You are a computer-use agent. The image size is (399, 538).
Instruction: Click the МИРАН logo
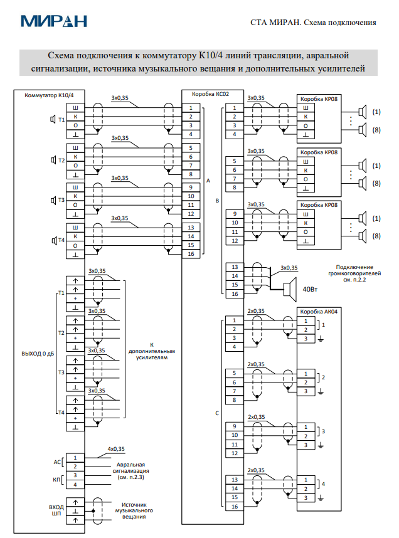pyautogui.click(x=53, y=21)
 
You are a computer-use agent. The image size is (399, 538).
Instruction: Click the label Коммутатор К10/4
pyautogui.click(x=49, y=95)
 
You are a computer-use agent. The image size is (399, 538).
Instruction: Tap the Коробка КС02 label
pyautogui.click(x=210, y=94)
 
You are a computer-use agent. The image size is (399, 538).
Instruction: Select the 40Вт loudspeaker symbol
pyautogui.click(x=290, y=289)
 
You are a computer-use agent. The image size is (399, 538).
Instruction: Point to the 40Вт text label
pyautogui.click(x=310, y=289)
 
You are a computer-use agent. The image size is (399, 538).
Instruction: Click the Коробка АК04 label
pyautogui.click(x=319, y=312)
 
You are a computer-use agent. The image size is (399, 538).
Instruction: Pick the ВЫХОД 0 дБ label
pyautogui.click(x=38, y=354)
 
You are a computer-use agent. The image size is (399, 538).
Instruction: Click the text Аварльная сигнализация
pyautogui.click(x=131, y=468)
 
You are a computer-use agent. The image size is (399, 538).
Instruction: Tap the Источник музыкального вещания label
pyautogui.click(x=134, y=510)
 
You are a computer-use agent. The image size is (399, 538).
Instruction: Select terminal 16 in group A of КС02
pyautogui.click(x=191, y=254)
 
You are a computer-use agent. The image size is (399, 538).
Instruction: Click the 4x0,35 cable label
pyautogui.click(x=116, y=449)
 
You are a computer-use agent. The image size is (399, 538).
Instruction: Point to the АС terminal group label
pyautogui.click(x=57, y=462)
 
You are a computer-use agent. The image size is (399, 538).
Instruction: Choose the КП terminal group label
pyautogui.click(x=56, y=480)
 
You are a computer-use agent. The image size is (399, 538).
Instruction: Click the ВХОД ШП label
pyautogui.click(x=56, y=510)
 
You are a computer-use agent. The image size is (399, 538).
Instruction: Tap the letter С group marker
pyautogui.click(x=217, y=413)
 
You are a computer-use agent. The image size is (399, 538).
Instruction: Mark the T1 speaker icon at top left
pyautogui.click(x=53, y=119)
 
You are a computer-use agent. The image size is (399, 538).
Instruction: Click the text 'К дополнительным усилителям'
pyautogui.click(x=152, y=351)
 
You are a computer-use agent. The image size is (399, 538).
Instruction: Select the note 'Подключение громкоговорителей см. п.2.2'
pyautogui.click(x=354, y=273)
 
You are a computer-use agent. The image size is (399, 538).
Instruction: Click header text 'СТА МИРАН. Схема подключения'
pyautogui.click(x=313, y=23)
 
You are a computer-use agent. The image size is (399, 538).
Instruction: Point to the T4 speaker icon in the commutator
pyautogui.click(x=54, y=241)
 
